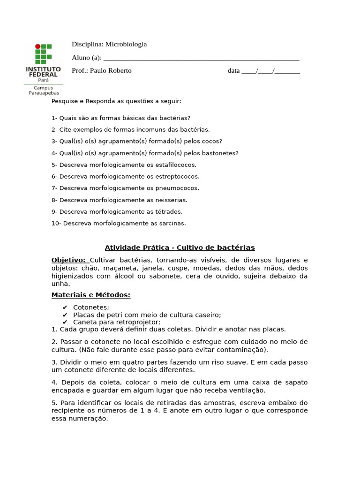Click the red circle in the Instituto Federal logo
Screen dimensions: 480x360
pyautogui.click(x=38, y=47)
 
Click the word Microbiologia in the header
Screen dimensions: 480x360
pyautogui.click(x=126, y=44)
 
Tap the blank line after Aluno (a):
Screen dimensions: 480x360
pyautogui.click(x=201, y=58)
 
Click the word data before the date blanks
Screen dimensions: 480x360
pyautogui.click(x=233, y=71)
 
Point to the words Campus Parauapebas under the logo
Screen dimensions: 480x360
pyautogui.click(x=44, y=90)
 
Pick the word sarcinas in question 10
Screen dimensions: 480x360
pyautogui.click(x=172, y=224)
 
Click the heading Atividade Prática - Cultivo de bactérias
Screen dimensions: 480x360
pyautogui.click(x=180, y=247)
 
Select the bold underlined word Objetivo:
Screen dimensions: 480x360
pyautogui.click(x=68, y=260)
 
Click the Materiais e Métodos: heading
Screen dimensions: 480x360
pyautogui.click(x=90, y=295)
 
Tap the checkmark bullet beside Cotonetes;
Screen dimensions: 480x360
pyautogui.click(x=65, y=307)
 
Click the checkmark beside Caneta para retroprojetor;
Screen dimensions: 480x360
pyautogui.click(x=65, y=322)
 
